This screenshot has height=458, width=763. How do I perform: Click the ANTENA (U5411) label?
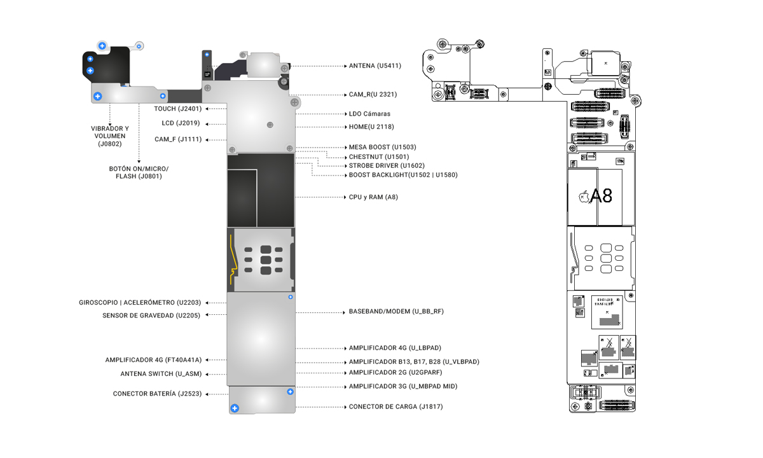tap(375, 66)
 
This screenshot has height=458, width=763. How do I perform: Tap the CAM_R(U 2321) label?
tap(373, 94)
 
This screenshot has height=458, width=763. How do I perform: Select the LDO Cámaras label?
tap(369, 114)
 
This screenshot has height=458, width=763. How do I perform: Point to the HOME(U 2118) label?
tap(371, 127)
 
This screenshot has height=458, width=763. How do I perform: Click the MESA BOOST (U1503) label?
tap(382, 147)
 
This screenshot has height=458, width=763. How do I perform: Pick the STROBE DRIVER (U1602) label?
tap(387, 165)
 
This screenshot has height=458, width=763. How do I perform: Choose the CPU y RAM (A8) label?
tap(373, 197)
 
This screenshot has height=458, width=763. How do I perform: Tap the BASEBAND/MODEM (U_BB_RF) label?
tap(396, 312)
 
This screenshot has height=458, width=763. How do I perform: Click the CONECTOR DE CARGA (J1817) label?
tap(395, 406)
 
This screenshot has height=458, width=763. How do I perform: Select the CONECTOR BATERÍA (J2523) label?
tap(158, 394)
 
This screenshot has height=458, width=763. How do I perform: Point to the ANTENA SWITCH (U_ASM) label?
tap(161, 374)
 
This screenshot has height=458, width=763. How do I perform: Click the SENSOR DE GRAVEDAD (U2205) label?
tap(151, 316)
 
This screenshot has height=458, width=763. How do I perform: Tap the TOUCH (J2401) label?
tap(178, 109)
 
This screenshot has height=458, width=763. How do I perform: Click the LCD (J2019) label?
tap(181, 123)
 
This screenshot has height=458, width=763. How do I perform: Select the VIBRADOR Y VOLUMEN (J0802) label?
tap(109, 136)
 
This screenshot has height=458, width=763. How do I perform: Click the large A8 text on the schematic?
tap(601, 196)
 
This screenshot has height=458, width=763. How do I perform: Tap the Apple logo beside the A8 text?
tap(584, 197)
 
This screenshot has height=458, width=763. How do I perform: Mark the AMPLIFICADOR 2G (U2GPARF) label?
tap(395, 373)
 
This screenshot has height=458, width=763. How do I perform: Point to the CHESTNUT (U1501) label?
tap(379, 157)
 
